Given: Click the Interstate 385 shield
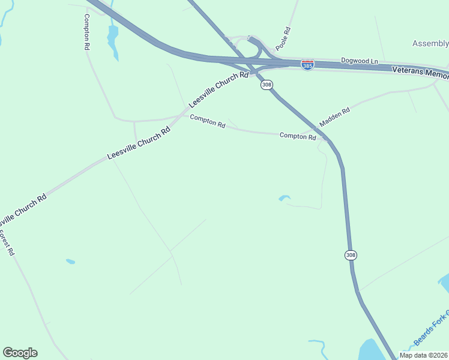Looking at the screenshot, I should tap(307, 65).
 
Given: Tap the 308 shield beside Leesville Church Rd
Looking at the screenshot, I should tap(267, 85).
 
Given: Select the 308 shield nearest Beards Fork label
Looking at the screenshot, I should tap(351, 255).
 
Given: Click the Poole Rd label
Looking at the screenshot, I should tap(283, 39).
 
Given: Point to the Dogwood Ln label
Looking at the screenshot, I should tap(360, 61).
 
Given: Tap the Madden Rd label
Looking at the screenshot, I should tap(334, 117).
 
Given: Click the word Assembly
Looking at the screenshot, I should tap(430, 43).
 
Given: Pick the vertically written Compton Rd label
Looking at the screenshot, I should tap(87, 31).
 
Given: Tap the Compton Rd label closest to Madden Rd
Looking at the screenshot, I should tap(298, 136).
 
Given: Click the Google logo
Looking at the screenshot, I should tap(20, 353).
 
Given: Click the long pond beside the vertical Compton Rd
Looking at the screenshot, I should tap(112, 41).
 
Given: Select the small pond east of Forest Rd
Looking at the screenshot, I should tap(70, 262).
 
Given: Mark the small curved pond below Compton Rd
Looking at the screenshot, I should tap(285, 197).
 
